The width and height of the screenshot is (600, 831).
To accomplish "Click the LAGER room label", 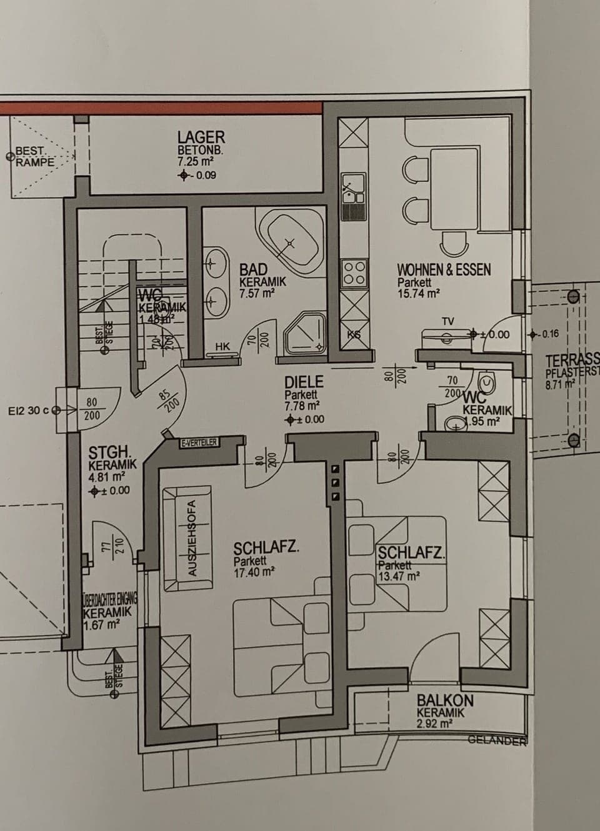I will (201, 137).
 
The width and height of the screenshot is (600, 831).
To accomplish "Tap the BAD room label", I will (253, 270).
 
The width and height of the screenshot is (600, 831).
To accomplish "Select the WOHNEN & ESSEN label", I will (444, 270).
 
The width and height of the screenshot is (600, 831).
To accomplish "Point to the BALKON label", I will (445, 701).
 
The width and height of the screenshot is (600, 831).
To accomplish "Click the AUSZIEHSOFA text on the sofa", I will (192, 537).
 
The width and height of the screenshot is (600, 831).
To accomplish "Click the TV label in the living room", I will (447, 321).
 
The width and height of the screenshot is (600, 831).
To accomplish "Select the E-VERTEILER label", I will (199, 443).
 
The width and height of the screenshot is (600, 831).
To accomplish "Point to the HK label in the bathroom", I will (222, 346).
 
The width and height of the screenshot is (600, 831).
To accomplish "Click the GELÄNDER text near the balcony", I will (497, 740).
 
